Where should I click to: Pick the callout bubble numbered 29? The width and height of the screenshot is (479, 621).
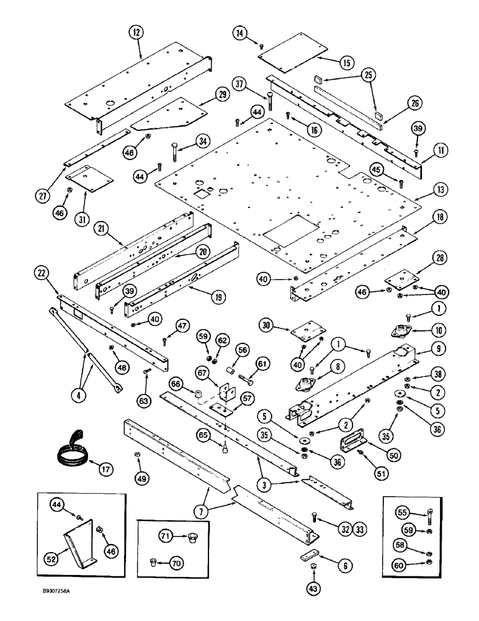pos(222,95)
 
